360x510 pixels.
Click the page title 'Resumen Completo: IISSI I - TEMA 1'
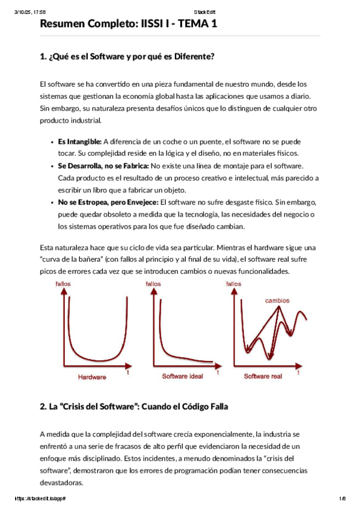[129, 24]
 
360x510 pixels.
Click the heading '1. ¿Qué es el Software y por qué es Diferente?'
[127, 57]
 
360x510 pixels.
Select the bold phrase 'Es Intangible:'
[80, 142]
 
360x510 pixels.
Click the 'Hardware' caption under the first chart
[92, 376]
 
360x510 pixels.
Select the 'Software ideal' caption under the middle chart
[182, 376]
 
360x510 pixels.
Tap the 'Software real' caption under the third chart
[263, 376]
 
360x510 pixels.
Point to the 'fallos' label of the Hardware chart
[63, 284]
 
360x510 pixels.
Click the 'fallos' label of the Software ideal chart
[153, 284]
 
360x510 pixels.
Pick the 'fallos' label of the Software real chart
[233, 284]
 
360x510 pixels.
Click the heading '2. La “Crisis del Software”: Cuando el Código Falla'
[133, 407]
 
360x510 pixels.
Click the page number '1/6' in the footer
[342, 499]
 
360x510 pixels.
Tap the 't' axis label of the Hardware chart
[127, 373]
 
